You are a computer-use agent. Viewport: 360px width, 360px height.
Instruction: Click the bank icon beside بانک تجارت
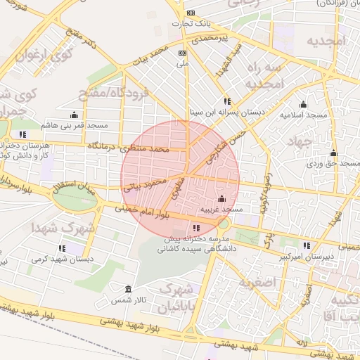(x=190, y=13)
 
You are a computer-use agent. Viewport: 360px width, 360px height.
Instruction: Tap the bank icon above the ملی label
(x=183, y=53)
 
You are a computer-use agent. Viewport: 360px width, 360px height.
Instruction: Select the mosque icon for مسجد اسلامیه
(x=303, y=104)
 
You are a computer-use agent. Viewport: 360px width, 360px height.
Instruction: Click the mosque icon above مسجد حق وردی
(x=333, y=153)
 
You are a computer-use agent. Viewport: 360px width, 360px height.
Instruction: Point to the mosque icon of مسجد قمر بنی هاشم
(x=74, y=115)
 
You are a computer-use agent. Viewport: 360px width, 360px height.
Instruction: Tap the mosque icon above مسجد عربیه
(x=222, y=199)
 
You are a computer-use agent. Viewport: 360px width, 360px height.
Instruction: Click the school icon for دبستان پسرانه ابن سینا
(x=226, y=101)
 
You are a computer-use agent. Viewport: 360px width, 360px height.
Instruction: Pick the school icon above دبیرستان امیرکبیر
(x=306, y=245)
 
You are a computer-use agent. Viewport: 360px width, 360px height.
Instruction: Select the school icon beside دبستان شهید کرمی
(x=62, y=248)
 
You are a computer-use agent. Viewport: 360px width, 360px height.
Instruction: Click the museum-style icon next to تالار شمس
(x=127, y=290)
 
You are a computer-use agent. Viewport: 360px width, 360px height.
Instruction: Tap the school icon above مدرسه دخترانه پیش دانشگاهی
(x=195, y=228)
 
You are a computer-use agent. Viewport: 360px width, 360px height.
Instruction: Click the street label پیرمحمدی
(x=215, y=37)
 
